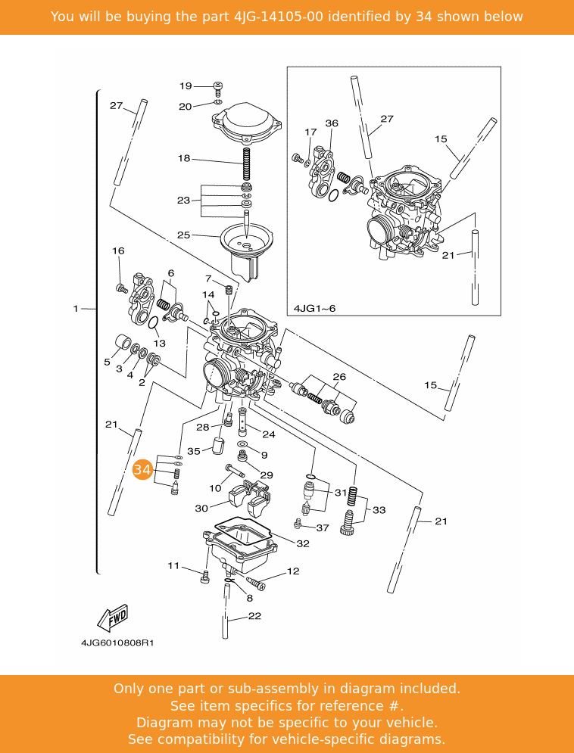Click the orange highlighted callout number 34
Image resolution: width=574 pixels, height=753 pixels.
click(142, 470)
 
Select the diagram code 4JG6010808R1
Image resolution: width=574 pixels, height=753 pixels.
click(117, 643)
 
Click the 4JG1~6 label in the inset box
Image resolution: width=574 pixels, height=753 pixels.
click(314, 309)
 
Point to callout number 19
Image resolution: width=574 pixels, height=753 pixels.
click(186, 86)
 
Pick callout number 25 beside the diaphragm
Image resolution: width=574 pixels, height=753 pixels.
click(184, 235)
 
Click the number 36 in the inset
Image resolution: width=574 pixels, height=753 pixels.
click(332, 123)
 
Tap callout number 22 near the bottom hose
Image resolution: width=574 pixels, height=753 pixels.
click(254, 616)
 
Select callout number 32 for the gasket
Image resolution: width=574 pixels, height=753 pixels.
click(303, 543)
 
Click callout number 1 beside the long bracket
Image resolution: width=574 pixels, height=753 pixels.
click(76, 309)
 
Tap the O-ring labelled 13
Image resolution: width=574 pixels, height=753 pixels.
click(154, 323)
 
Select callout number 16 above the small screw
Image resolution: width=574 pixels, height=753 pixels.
click(118, 251)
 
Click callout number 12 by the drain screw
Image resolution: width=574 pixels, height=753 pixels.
click(293, 571)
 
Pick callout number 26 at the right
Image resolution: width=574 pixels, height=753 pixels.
click(339, 377)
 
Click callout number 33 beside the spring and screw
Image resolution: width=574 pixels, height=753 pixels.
click(379, 510)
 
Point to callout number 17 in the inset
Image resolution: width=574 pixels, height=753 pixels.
click(310, 132)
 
